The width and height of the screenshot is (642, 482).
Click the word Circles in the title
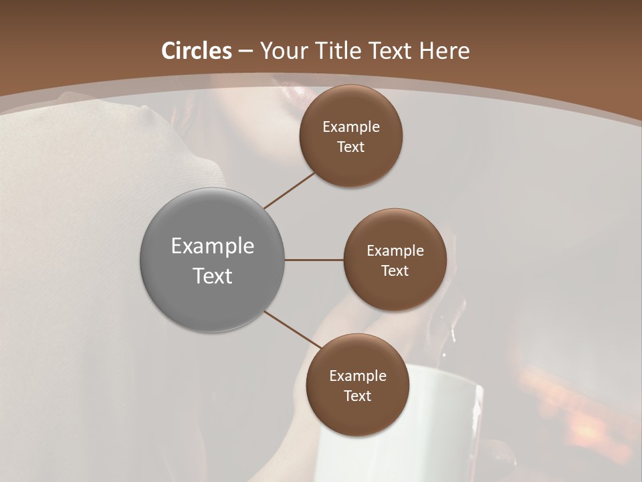click(197, 51)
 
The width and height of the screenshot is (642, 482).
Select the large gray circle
click(212, 260)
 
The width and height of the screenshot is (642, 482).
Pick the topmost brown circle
click(350, 136)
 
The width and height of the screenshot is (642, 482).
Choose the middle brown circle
click(395, 260)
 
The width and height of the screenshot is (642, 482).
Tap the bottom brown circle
click(357, 385)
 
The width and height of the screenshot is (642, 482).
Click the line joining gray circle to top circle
click(290, 190)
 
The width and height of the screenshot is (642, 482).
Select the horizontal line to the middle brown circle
click(314, 260)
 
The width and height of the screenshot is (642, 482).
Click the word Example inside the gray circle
click(212, 246)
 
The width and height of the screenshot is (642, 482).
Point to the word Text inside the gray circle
click(212, 276)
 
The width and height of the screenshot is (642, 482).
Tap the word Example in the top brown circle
click(350, 127)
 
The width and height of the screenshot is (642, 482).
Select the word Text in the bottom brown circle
click(357, 396)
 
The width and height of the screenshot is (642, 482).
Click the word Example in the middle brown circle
click(395, 250)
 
